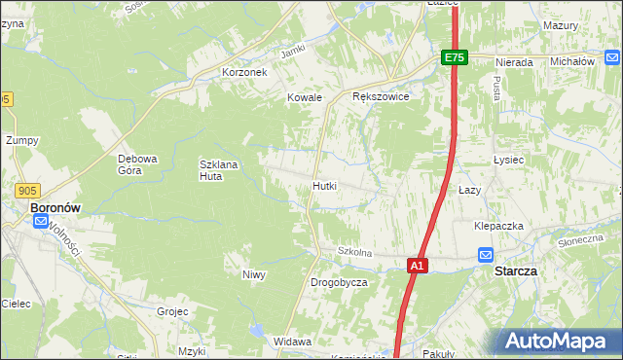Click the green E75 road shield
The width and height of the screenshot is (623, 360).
(455, 58)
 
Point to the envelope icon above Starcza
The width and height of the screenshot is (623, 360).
(487, 255)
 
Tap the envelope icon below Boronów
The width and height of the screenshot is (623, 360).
(41, 222)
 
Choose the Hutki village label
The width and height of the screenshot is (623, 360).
(325, 185)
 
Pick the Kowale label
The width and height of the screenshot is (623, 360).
(304, 97)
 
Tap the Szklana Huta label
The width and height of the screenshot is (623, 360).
(218, 170)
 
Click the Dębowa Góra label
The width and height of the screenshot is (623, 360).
(137, 164)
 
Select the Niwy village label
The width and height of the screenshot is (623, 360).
(254, 274)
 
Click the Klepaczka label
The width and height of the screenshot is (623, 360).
(498, 226)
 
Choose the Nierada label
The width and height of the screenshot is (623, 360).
(514, 62)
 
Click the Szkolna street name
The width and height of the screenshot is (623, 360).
(355, 252)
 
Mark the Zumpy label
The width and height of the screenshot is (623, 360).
(21, 140)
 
